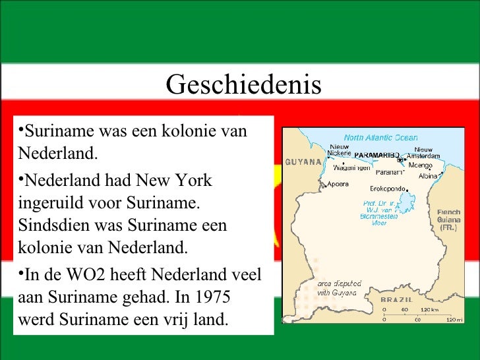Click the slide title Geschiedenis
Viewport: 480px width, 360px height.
243,85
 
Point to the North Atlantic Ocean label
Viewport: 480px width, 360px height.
380,138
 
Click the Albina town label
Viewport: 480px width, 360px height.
429,176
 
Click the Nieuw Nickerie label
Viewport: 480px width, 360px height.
339,150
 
